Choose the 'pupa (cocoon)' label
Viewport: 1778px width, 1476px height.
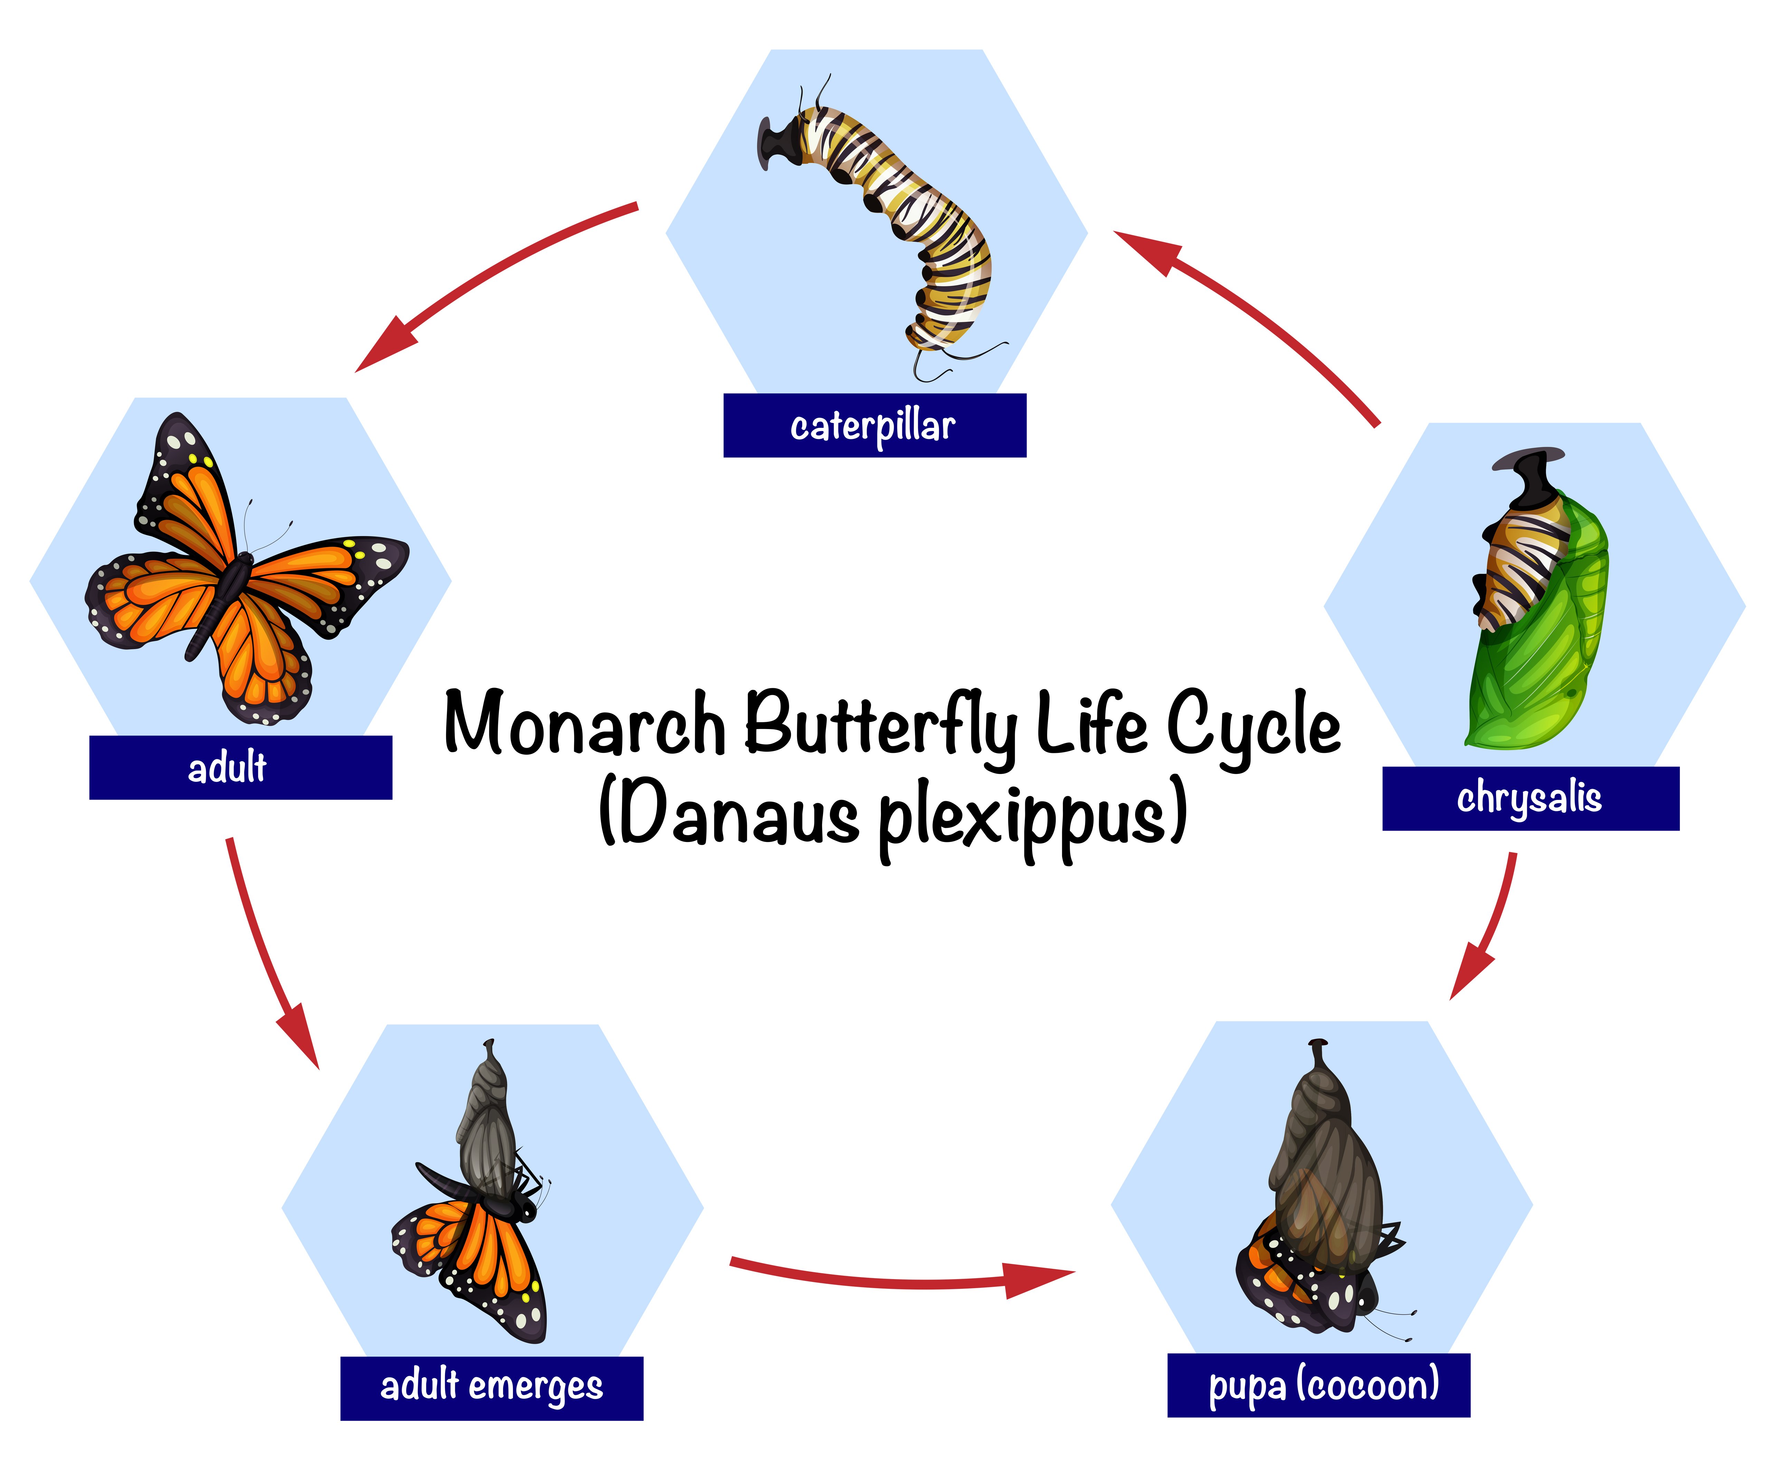coord(1318,1384)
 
